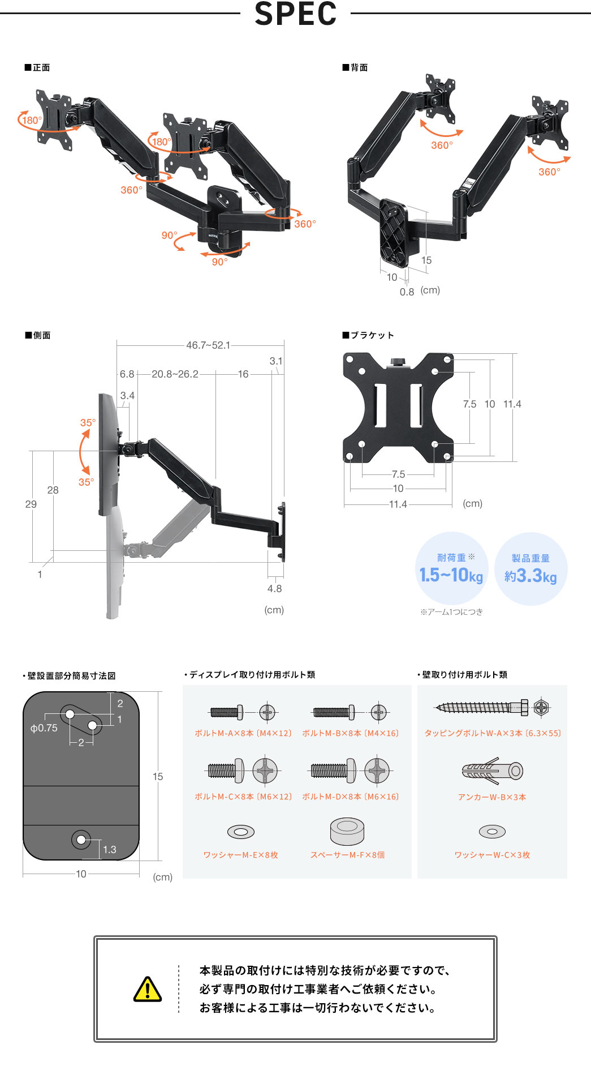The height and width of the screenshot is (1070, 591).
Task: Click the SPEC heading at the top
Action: tap(295, 14)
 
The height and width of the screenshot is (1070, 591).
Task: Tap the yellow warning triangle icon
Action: tap(148, 989)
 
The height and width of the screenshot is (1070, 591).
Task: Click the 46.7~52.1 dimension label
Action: tap(208, 345)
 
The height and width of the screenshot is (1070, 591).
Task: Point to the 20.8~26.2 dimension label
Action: tap(175, 374)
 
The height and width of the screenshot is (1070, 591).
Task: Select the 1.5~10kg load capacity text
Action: tap(451, 575)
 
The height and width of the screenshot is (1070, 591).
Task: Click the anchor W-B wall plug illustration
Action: tap(492, 771)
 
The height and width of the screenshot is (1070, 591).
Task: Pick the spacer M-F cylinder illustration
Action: tap(347, 831)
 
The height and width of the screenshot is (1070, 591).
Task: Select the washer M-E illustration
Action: tap(241, 832)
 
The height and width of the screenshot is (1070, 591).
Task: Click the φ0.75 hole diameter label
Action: tap(44, 728)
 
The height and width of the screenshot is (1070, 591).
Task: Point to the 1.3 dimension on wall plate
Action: tap(110, 850)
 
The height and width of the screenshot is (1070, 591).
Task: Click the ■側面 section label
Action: tap(38, 335)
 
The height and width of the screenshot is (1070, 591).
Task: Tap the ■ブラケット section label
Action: tap(368, 335)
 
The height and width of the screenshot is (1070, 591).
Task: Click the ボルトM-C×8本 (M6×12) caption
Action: tap(243, 797)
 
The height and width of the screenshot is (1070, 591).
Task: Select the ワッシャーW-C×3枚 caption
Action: tap(492, 855)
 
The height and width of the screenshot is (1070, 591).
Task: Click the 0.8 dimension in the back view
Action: tap(407, 292)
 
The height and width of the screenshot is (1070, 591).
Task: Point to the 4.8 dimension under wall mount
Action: tap(274, 589)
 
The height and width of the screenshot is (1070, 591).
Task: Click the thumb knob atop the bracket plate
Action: tap(398, 361)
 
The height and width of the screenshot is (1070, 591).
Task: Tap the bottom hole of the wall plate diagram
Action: tap(81, 839)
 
